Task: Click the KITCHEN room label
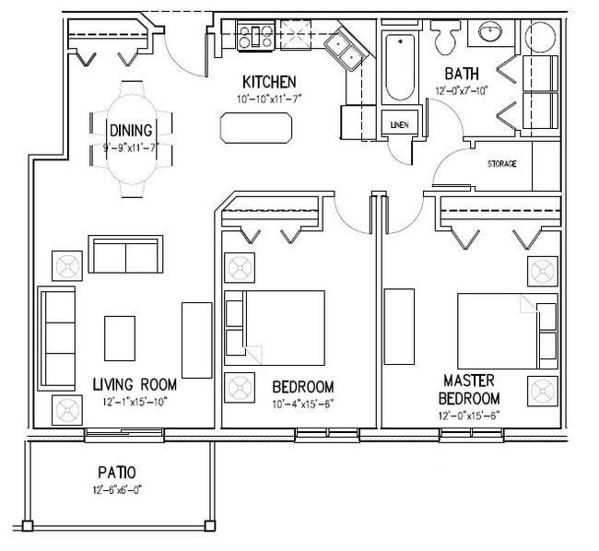point(269,82)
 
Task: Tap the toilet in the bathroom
point(445,37)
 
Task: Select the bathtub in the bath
point(400,67)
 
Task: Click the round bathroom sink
point(491,31)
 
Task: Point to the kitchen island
point(256,128)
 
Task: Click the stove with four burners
point(255,36)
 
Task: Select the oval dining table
point(132,139)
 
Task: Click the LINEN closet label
point(400,125)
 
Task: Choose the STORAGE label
point(502,164)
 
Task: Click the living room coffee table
point(120,338)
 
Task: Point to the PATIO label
point(117,473)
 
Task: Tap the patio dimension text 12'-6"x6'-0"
point(117,489)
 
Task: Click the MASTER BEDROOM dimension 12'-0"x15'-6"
point(469,416)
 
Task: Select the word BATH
point(462,74)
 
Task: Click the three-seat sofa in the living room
point(56,339)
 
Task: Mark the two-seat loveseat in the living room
point(125,254)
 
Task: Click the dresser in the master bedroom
point(399,326)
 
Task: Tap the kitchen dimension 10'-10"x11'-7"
point(270,100)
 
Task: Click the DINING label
point(131,131)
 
